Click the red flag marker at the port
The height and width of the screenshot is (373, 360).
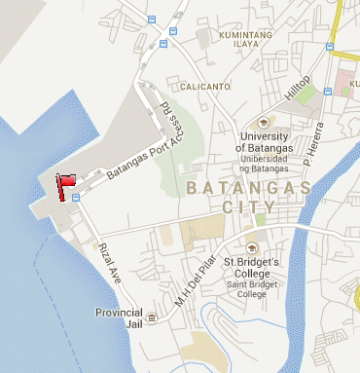coord(67,185)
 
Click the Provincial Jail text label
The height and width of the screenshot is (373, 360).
coord(120,317)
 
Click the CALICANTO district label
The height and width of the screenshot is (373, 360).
coord(203,86)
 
